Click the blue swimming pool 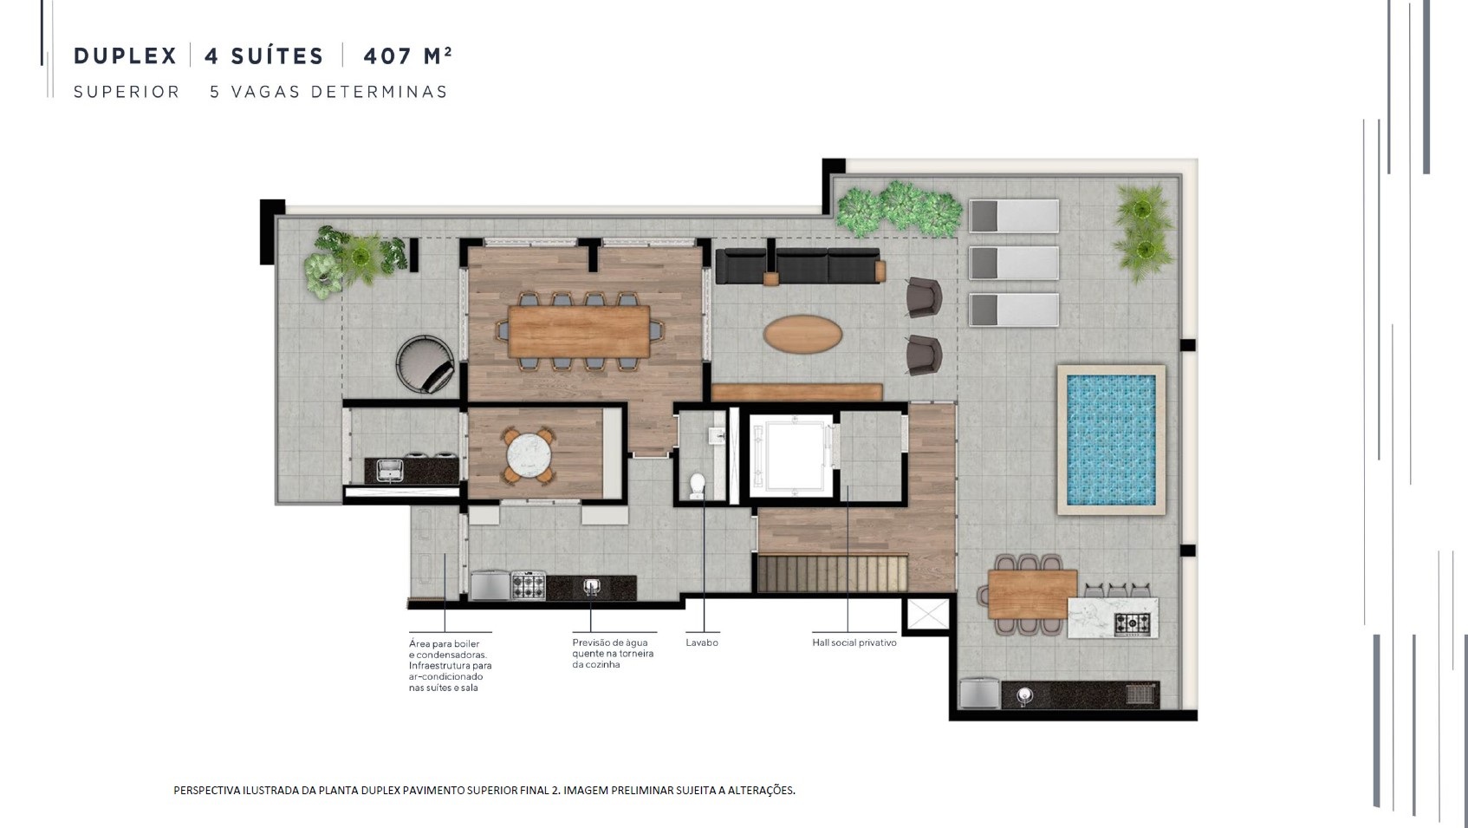(x=1111, y=440)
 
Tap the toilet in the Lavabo (x=698, y=486)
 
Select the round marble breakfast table (x=529, y=455)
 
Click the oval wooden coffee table (x=802, y=335)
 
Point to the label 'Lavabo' (x=702, y=642)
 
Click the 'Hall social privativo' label (x=854, y=642)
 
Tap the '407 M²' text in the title (x=407, y=56)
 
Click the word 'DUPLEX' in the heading (x=125, y=56)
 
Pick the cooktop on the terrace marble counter (x=1133, y=623)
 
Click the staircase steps (x=833, y=573)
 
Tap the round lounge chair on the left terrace (x=425, y=364)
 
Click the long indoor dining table (x=579, y=332)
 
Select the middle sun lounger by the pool (x=1014, y=263)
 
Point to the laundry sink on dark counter (x=390, y=470)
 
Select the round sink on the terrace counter (x=1025, y=695)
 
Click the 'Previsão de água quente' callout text (x=613, y=654)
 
